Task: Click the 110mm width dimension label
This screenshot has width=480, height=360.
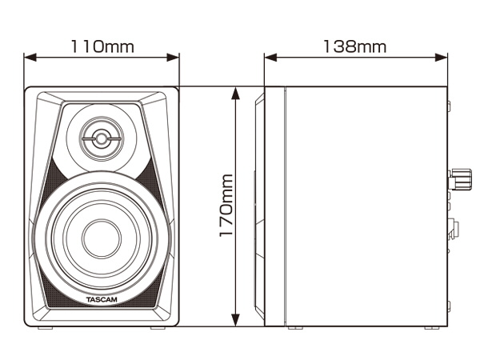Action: pyautogui.click(x=102, y=46)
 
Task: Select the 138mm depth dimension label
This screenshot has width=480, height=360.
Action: pyautogui.click(x=354, y=46)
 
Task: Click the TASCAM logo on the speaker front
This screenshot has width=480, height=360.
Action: pyautogui.click(x=102, y=300)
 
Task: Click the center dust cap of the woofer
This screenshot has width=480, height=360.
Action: pyautogui.click(x=102, y=238)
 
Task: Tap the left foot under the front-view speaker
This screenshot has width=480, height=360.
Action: pyautogui.click(x=45, y=328)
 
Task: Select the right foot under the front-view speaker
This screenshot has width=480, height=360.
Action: pyautogui.click(x=158, y=328)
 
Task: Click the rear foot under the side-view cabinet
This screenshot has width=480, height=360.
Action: pyautogui.click(x=432, y=328)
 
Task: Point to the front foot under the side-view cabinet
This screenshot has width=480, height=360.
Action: pyautogui.click(x=294, y=328)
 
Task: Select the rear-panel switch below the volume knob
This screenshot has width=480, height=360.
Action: pyautogui.click(x=452, y=230)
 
